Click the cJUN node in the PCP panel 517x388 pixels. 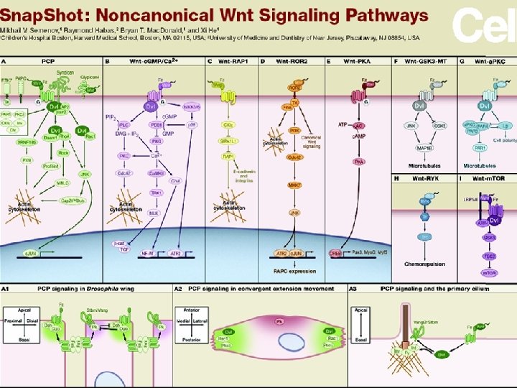[x=30, y=252]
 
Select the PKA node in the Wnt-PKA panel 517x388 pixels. [x=358, y=162]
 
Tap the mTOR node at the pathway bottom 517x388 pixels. [x=489, y=272]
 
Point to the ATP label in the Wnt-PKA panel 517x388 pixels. [x=343, y=124]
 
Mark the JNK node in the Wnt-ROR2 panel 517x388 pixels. [x=294, y=212]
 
